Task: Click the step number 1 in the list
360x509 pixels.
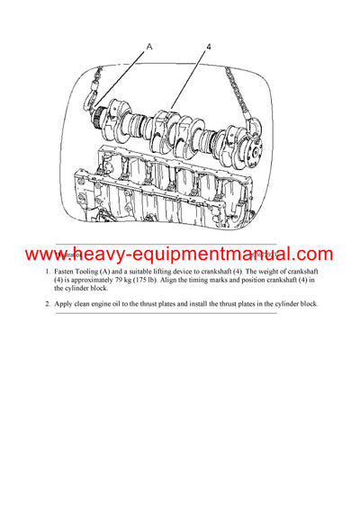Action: tap(48, 271)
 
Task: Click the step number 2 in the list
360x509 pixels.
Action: tap(48, 303)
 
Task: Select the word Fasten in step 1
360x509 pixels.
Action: tap(67, 271)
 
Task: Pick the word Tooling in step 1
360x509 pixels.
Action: tap(97, 271)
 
